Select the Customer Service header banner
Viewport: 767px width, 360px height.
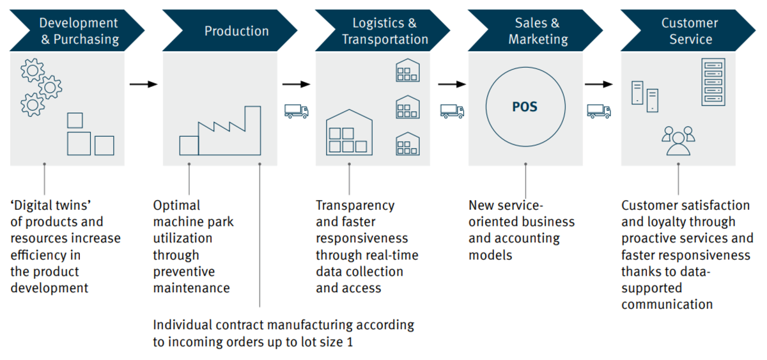(689, 31)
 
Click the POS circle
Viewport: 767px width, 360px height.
(525, 106)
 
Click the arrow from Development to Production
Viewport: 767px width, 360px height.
(144, 84)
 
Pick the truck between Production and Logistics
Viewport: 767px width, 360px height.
(297, 111)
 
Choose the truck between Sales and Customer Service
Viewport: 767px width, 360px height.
(599, 111)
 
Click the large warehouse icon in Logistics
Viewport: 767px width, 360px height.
(349, 132)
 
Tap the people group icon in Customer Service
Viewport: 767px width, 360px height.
(678, 141)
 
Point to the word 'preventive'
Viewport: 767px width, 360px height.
(184, 271)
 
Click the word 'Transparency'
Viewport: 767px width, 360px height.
(355, 205)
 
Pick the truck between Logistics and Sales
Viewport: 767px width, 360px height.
(452, 111)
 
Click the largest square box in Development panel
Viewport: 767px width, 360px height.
(79, 143)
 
